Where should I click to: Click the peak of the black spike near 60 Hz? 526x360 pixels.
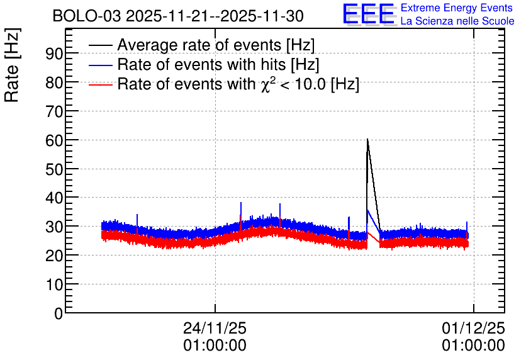(x=367, y=139)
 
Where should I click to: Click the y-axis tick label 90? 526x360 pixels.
(x=55, y=53)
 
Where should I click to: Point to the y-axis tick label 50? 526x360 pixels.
(x=55, y=169)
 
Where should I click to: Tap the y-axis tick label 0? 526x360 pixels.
(x=59, y=314)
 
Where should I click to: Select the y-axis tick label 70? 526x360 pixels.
(x=55, y=111)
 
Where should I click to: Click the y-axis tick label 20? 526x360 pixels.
(x=55, y=256)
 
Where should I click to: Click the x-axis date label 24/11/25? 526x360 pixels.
(x=215, y=328)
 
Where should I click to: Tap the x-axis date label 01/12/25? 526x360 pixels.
(x=473, y=328)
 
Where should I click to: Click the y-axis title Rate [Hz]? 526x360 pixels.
(x=12, y=65)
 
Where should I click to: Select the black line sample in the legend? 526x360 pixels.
(x=100, y=45)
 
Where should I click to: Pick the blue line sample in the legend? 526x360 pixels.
(x=100, y=65)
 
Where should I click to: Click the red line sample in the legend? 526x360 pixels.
(x=100, y=84)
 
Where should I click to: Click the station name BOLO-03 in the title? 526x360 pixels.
(x=87, y=16)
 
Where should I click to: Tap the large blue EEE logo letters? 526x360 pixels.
(x=369, y=14)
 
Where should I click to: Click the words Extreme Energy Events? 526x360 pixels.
(x=457, y=8)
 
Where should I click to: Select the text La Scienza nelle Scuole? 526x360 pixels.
(x=457, y=21)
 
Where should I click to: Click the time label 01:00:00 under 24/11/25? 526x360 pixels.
(x=215, y=346)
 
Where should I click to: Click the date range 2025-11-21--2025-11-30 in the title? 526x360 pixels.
(x=215, y=16)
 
